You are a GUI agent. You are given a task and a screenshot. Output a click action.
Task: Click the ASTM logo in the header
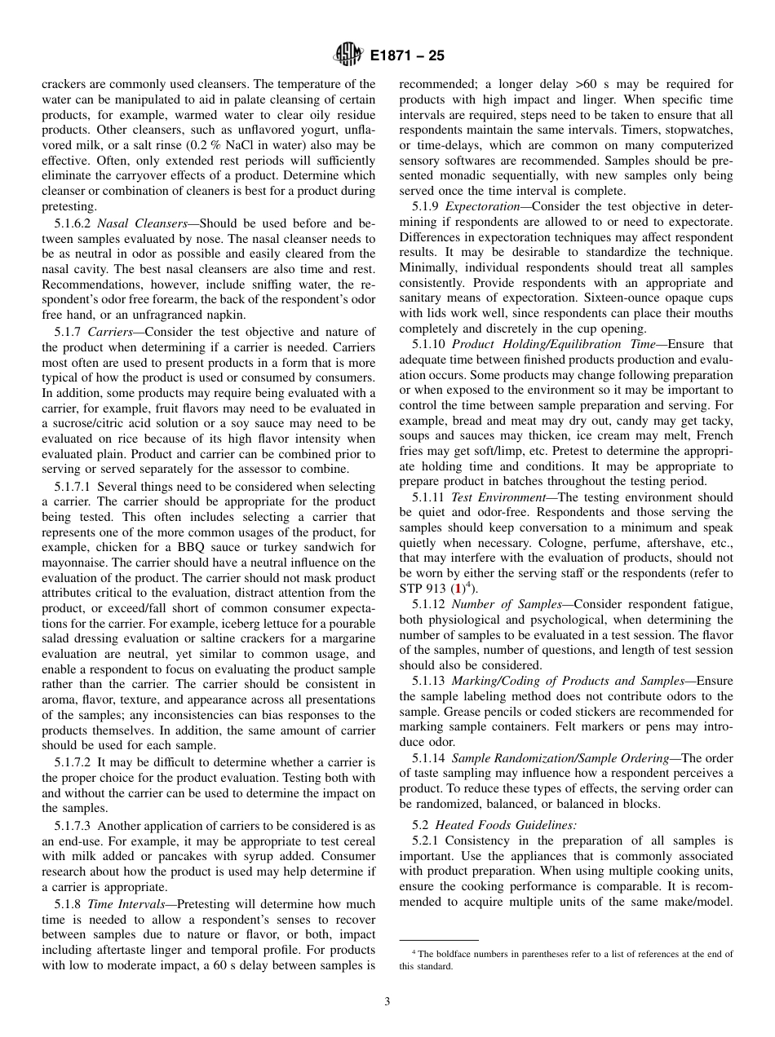pos(348,56)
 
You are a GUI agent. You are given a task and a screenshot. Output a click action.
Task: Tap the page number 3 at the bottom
pos(387,1001)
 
